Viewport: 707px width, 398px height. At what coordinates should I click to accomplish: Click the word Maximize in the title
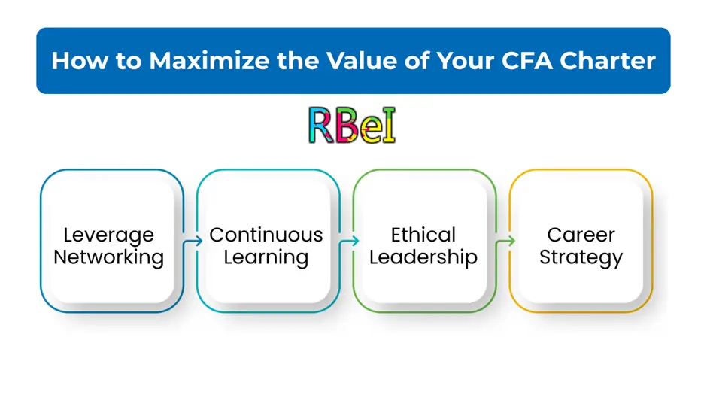[209, 60]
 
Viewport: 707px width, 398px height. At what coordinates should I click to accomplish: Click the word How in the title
[80, 60]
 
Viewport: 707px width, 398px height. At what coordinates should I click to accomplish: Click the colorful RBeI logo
[352, 126]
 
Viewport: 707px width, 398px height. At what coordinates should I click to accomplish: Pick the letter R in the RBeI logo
[320, 126]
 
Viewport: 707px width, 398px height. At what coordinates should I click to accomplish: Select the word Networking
[108, 257]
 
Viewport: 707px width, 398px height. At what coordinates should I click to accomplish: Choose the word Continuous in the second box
[266, 235]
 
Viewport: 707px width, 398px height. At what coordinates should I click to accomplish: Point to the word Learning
[266, 257]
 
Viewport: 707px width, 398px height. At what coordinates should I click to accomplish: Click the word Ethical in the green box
[423, 235]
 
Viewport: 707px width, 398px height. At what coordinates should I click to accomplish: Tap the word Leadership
[423, 257]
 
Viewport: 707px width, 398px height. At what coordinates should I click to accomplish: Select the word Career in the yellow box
[581, 235]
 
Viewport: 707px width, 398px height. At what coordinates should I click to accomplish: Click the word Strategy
[581, 257]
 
